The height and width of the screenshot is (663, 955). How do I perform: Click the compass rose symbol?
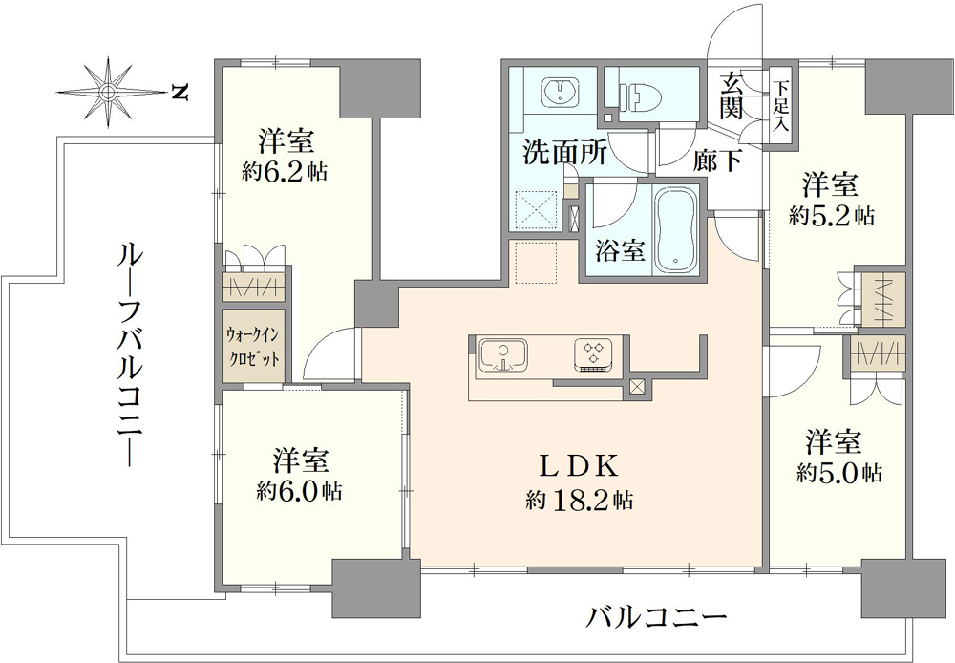pyautogui.click(x=109, y=93)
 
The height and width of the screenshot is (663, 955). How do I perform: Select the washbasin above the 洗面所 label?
pyautogui.click(x=559, y=93)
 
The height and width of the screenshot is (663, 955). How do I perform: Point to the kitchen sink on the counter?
pyautogui.click(x=503, y=356)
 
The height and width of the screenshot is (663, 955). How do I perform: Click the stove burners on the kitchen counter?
pyautogui.click(x=594, y=355)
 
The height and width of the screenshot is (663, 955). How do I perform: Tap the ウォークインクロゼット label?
pyautogui.click(x=253, y=346)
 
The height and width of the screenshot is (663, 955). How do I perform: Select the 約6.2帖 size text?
pyautogui.click(x=285, y=173)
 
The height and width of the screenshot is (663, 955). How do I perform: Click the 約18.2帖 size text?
pyautogui.click(x=580, y=501)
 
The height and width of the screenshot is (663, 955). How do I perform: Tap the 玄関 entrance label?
pyautogui.click(x=731, y=96)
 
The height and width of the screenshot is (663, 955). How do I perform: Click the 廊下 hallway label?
pyautogui.click(x=717, y=160)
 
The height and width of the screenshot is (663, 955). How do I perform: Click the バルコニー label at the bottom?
pyautogui.click(x=657, y=618)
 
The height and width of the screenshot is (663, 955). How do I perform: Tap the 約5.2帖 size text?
pyautogui.click(x=832, y=215)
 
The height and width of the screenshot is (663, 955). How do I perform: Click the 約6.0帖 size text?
pyautogui.click(x=299, y=491)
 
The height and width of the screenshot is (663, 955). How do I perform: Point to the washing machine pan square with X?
pyautogui.click(x=536, y=210)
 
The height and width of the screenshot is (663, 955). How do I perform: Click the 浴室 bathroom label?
pyautogui.click(x=620, y=250)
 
